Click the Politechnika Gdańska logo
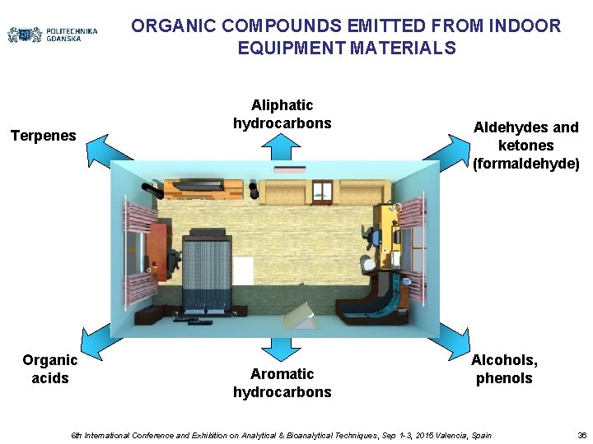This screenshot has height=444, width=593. click(53, 35)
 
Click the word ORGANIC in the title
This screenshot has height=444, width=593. click(167, 26)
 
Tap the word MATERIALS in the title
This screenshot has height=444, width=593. click(403, 49)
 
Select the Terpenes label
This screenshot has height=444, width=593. click(43, 135)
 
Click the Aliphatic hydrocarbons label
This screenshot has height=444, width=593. click(282, 114)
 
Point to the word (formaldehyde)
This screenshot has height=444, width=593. click(526, 164)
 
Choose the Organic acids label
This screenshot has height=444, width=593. click(50, 369)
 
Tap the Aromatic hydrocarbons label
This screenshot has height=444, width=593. click(282, 383)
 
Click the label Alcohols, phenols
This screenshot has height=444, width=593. click(504, 369)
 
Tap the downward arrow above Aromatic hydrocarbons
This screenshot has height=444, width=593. click(282, 349)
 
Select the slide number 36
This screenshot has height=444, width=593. click(581, 435)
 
